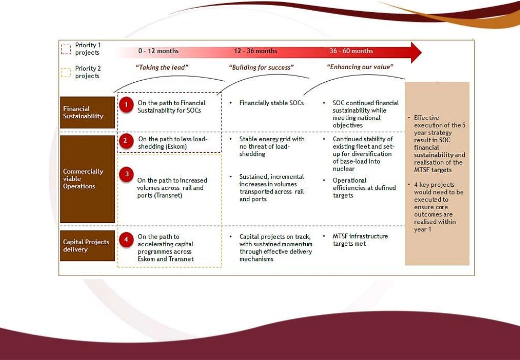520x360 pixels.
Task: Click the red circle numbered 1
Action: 126,105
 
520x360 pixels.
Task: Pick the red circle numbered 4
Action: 125,239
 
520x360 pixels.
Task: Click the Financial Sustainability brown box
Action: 87,112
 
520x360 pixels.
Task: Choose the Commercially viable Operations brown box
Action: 87,179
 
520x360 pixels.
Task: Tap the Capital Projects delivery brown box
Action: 87,246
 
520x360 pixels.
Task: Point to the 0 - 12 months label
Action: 158,51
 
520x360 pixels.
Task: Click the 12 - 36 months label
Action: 255,51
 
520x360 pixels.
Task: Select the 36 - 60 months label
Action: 351,51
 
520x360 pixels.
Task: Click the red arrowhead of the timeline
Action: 415,52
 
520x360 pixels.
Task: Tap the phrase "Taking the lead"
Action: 162,67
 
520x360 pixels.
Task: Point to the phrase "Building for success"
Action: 262,67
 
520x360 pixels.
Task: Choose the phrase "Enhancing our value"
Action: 360,67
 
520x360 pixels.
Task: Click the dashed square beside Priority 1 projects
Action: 66,49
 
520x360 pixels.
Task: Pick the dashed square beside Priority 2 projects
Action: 66,72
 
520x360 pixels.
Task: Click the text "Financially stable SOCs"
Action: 272,103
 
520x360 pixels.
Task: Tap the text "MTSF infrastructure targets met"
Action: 360,240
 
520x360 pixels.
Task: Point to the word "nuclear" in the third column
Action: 344,169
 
